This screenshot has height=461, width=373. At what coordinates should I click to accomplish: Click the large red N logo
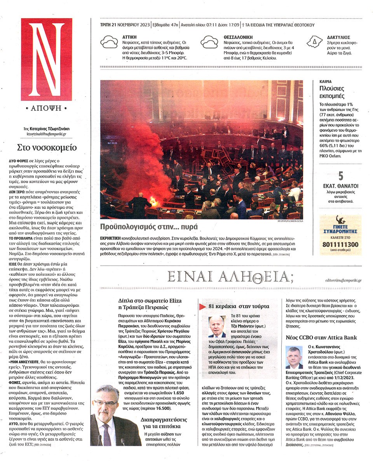[46, 59]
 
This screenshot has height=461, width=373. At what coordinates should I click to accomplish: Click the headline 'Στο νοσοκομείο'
[47, 148]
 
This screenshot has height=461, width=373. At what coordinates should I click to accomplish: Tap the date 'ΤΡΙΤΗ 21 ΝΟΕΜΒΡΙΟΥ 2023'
[124, 25]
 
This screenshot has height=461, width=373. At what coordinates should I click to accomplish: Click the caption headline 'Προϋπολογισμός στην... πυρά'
[144, 227]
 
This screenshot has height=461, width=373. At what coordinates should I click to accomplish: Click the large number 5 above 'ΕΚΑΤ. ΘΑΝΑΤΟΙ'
[340, 175]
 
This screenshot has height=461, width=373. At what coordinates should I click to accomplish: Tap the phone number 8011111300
[340, 244]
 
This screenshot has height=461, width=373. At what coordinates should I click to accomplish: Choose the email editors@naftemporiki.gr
[343, 280]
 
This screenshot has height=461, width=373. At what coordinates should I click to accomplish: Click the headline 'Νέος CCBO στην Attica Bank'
[321, 337]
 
